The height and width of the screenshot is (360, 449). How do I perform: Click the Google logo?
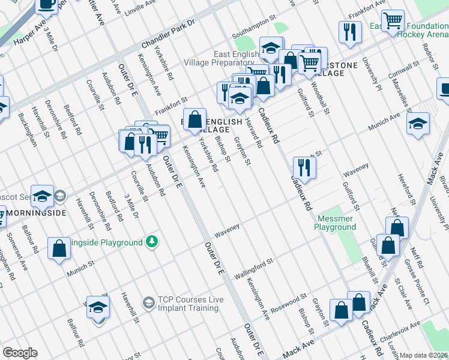coord(20,353)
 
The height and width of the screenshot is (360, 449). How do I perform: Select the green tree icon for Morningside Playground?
coord(152,242)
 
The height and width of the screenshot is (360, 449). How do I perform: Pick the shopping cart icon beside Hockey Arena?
coord(393,21)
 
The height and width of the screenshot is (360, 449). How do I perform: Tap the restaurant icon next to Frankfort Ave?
coord(349,31)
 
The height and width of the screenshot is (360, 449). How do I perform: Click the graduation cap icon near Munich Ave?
coord(418,124)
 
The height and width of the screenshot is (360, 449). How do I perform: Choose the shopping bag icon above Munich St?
coord(59,248)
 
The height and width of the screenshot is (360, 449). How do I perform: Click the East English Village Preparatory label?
coord(234,58)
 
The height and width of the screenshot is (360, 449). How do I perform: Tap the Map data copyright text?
coord(423,355)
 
